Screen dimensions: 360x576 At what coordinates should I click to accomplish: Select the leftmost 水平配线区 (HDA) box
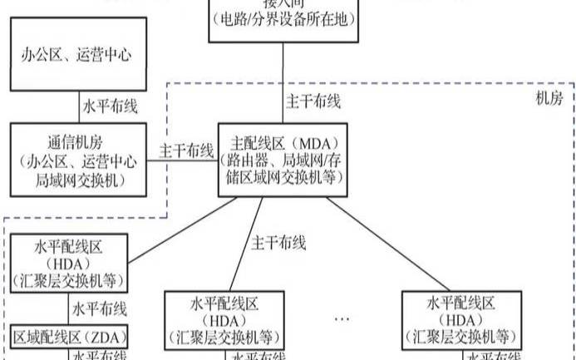coord(68,263)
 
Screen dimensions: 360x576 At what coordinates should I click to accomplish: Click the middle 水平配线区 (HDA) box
coord(222,319)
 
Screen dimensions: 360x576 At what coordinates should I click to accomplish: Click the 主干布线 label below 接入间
coord(313,102)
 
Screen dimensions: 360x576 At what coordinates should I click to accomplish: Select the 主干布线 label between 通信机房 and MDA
coord(186,152)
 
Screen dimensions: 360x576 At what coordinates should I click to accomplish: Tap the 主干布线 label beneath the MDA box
coord(279,244)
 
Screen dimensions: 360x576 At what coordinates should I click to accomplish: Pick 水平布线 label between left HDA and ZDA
coord(99,309)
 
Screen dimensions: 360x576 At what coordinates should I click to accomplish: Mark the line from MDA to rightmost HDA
coord(399,241)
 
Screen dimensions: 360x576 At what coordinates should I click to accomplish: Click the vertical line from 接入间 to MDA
coord(284,83)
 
